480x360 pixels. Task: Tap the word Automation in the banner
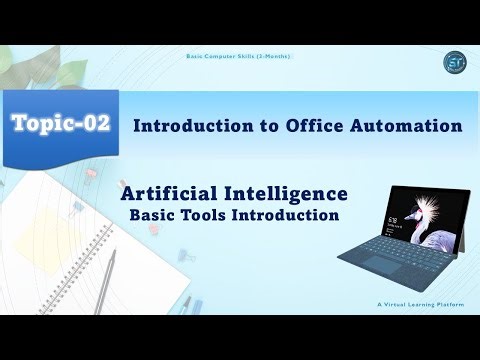(405, 127)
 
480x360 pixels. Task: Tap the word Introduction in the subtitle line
(290, 214)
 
